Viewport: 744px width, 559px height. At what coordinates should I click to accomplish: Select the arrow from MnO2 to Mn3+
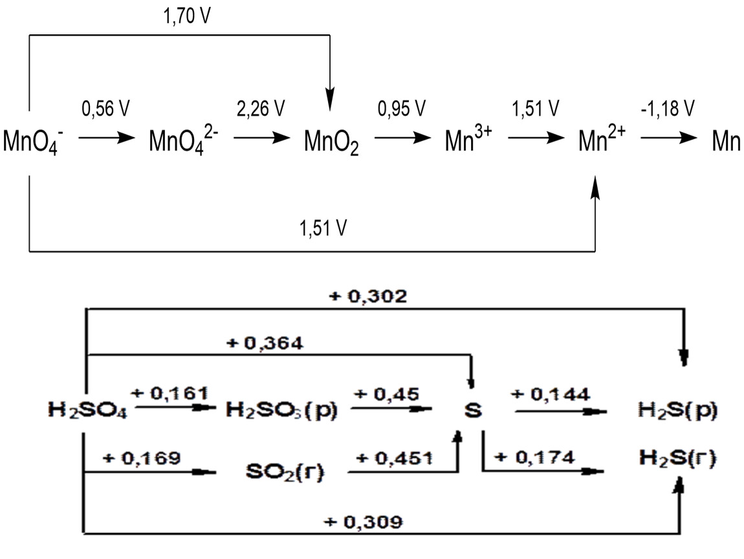click(402, 138)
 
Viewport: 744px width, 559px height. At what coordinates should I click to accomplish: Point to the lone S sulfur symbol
click(473, 411)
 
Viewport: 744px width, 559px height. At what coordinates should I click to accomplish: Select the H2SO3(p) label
click(282, 410)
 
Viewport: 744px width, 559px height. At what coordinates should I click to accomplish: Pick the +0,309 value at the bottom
click(364, 522)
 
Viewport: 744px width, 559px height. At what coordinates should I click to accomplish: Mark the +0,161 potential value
click(170, 393)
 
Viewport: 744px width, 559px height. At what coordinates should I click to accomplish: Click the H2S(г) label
click(675, 459)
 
